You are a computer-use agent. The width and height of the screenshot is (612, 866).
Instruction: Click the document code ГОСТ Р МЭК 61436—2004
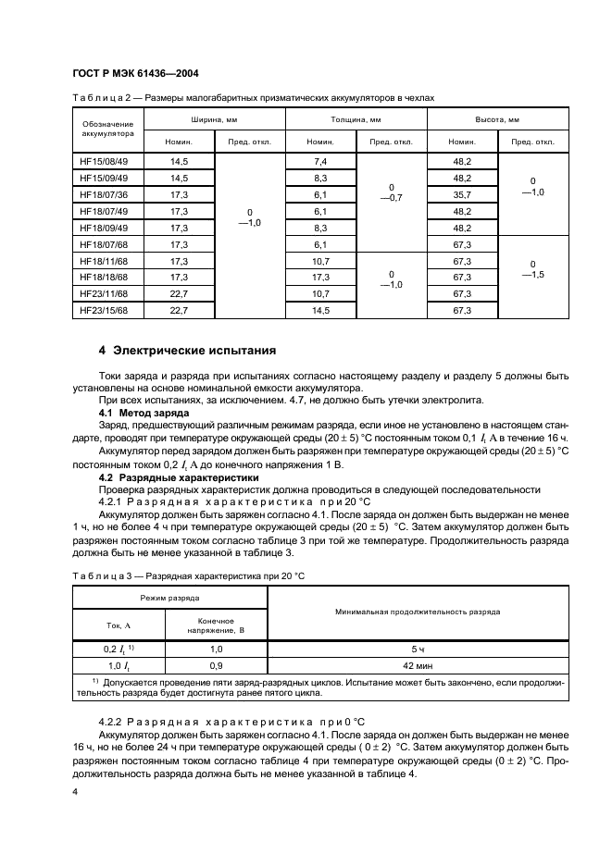[x=135, y=73]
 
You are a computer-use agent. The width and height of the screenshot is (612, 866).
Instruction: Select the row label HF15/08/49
[x=103, y=161]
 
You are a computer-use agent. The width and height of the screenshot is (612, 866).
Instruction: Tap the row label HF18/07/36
[x=103, y=194]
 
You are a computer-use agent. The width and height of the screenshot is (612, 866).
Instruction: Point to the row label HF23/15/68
[x=103, y=310]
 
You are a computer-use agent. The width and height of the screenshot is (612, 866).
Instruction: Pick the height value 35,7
[x=462, y=194]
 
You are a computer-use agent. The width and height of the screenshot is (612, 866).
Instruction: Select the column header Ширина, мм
[x=215, y=120]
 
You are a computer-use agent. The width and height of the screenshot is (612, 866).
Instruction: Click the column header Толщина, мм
[x=356, y=120]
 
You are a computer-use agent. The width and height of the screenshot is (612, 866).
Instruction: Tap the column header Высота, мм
[x=497, y=120]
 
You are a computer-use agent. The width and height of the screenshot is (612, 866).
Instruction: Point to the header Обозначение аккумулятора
[x=107, y=129]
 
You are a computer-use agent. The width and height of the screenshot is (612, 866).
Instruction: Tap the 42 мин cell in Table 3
[x=418, y=665]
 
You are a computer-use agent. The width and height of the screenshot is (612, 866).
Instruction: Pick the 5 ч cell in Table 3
[x=418, y=649]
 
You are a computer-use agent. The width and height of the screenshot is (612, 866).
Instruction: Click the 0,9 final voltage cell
[x=216, y=665]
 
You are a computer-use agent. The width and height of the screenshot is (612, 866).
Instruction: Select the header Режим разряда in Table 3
[x=169, y=600]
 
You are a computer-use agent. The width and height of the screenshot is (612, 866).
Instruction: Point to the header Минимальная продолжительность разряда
[x=418, y=612]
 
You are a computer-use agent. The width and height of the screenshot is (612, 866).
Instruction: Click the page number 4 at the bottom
[x=75, y=792]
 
